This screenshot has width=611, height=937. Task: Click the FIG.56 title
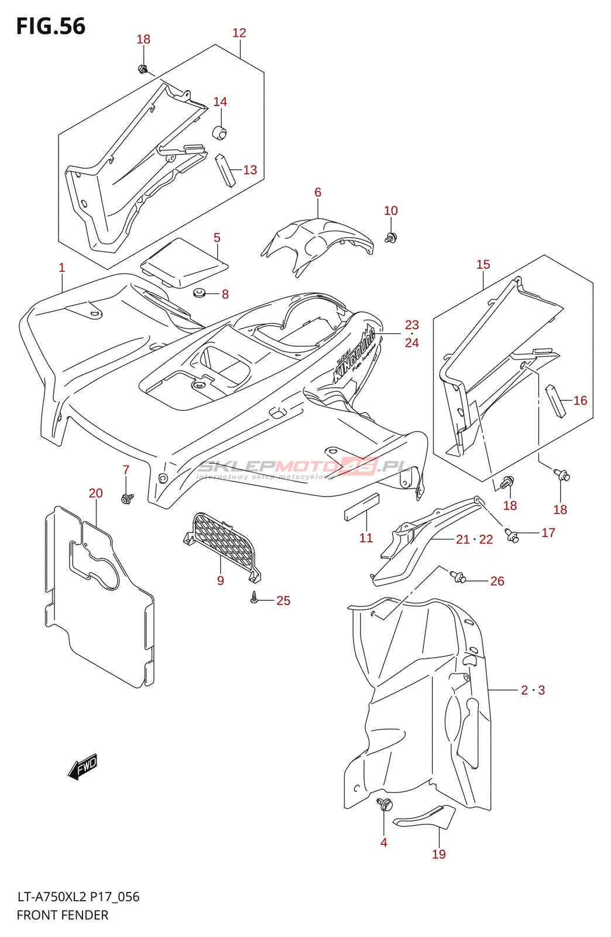pos(51,26)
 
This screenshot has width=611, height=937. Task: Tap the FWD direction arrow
pos(83,766)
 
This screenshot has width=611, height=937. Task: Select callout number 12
pos(239,33)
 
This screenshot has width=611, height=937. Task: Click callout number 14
pos(220,102)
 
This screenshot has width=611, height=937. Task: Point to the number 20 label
pos(95,494)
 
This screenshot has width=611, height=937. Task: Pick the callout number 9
pos(220,581)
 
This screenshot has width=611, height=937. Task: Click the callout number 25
pos(283,601)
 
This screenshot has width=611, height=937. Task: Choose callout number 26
pos(497,581)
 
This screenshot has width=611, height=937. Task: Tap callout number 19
pos(438,854)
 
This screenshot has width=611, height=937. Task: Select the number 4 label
pos(383,843)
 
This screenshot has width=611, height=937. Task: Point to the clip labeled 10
pos(391,237)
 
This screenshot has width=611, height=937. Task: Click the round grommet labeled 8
pos(199,293)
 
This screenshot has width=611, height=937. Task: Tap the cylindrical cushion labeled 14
pos(219,132)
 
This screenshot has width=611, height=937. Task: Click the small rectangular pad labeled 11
pos(361,507)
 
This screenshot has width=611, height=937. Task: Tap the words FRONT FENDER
pos(63,915)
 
